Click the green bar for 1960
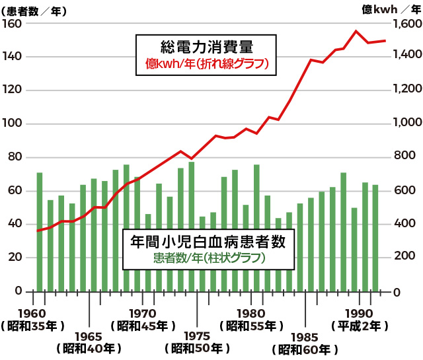40,231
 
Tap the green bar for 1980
256,227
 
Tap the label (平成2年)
358,325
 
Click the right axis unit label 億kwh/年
393,9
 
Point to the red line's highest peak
356,31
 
